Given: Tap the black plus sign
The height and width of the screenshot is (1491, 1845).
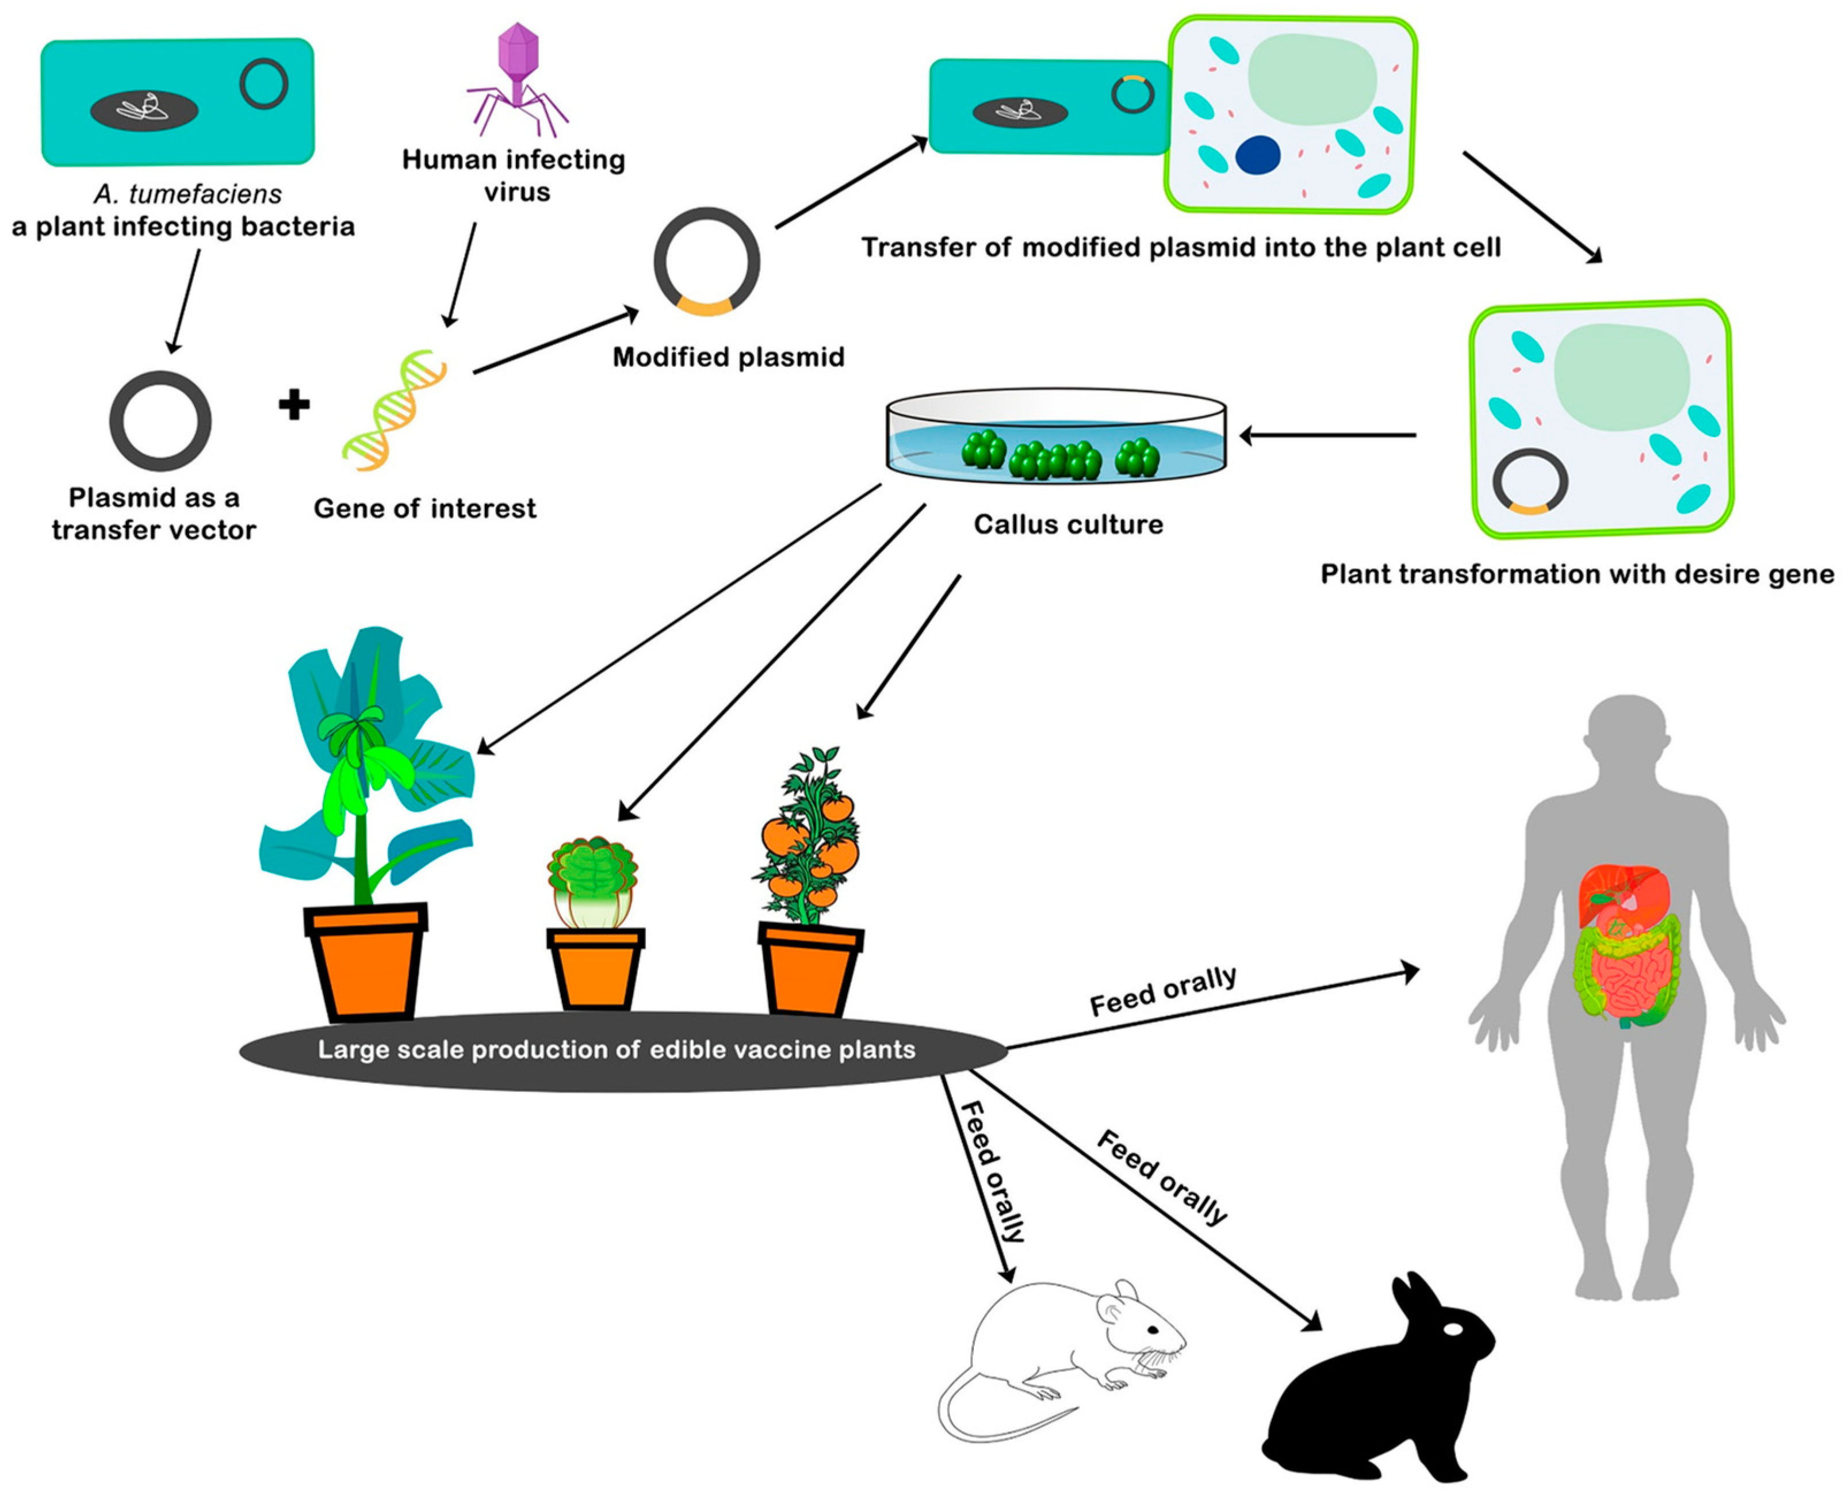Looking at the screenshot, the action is (x=294, y=405).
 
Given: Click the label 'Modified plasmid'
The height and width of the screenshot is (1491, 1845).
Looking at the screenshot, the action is (x=728, y=357).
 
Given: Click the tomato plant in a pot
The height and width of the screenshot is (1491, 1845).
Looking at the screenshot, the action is (x=811, y=880).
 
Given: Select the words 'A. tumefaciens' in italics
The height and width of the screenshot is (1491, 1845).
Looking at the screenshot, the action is (x=187, y=194).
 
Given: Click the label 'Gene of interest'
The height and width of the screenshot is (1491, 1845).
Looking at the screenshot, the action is (x=424, y=508).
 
